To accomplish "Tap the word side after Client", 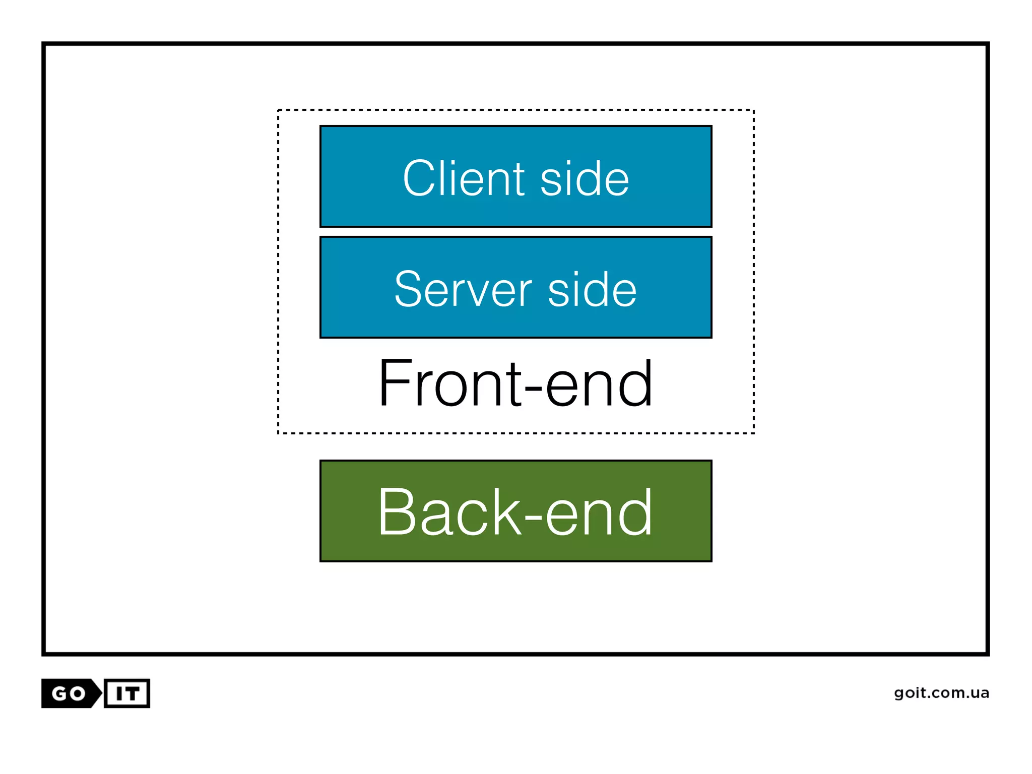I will click(x=585, y=179).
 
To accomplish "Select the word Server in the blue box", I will click(x=463, y=289).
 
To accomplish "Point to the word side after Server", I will click(x=592, y=290).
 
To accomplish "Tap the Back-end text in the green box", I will click(x=515, y=512).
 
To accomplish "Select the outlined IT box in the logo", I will click(x=127, y=694).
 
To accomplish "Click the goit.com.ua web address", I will click(x=941, y=693).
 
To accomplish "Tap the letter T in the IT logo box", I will click(x=132, y=694).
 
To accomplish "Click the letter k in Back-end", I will click(x=507, y=512).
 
